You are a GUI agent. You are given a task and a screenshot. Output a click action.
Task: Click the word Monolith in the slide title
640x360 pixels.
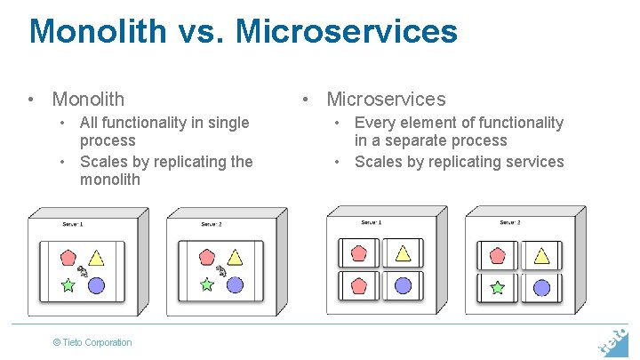tap(97, 31)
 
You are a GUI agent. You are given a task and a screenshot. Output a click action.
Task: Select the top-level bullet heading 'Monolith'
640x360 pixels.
tap(88, 99)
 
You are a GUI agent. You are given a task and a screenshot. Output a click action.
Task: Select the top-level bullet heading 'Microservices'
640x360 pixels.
tap(386, 99)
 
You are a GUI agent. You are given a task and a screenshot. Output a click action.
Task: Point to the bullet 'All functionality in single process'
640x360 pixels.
tap(164, 132)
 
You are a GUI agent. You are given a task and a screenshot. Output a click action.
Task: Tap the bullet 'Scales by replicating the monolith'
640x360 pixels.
tap(165, 170)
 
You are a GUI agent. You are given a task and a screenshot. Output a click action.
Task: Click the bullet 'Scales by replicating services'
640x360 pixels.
tap(459, 162)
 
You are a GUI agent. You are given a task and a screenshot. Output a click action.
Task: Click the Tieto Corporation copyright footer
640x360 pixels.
tap(92, 342)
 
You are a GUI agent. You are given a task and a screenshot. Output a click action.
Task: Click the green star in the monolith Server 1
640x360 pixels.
tap(68, 285)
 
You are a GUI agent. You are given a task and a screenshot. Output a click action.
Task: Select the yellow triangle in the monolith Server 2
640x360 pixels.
tap(235, 258)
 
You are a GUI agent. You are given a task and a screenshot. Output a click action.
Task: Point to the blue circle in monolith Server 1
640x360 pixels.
tap(96, 285)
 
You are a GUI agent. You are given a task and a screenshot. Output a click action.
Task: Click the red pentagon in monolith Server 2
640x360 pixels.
tap(207, 257)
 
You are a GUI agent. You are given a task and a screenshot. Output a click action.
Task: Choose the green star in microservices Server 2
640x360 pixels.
tap(498, 287)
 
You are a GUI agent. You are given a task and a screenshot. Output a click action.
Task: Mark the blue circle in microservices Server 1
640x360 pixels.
tap(403, 286)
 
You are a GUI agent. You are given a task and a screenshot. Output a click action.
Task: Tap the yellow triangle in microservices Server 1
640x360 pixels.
tap(403, 254)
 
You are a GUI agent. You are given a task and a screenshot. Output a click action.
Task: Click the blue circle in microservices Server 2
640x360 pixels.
tap(541, 287)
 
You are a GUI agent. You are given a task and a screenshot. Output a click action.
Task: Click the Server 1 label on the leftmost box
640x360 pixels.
tap(73, 224)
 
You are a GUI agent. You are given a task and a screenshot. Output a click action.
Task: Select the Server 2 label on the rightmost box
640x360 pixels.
tap(510, 222)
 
